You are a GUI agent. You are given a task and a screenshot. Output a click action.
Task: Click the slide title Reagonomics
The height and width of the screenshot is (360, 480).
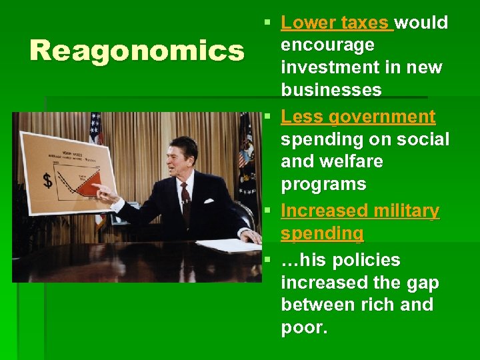(137, 51)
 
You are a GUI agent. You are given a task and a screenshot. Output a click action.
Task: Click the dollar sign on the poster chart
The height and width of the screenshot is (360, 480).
(47, 180)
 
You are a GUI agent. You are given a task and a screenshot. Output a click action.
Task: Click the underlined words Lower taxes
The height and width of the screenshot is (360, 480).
(335, 23)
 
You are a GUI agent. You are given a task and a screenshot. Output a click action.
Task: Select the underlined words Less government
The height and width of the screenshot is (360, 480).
(358, 117)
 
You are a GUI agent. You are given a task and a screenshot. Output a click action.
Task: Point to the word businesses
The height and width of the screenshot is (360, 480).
(331, 90)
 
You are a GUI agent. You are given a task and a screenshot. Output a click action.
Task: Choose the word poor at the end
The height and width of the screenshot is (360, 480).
(304, 327)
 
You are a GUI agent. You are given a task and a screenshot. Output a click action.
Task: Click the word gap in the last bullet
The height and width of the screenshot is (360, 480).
(424, 283)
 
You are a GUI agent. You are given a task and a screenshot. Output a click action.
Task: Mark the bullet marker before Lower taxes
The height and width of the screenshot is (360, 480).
(267, 23)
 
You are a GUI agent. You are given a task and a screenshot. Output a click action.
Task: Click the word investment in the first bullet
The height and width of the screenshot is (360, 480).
(321, 67)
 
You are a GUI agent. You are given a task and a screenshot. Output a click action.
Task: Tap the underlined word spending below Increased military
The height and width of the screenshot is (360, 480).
(322, 233)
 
